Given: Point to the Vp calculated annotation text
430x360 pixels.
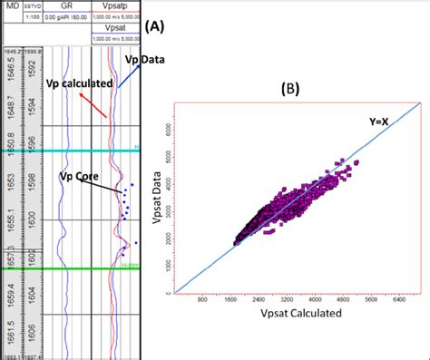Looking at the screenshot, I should tap(79, 83).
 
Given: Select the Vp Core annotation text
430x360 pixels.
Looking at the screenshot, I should tap(78, 175).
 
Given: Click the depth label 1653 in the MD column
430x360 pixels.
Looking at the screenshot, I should tap(10, 184).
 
